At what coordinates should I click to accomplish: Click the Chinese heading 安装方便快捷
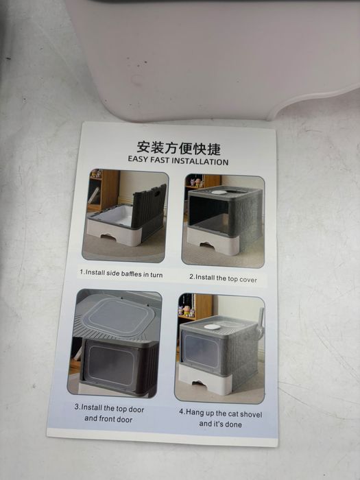[x=178, y=148]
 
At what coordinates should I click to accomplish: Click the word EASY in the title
[x=138, y=159]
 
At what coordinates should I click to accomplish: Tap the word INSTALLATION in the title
[x=200, y=161]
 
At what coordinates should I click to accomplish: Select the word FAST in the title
[x=160, y=160]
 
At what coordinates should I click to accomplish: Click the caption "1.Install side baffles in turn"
[x=121, y=273]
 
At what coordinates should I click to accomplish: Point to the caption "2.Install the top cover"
[x=223, y=278]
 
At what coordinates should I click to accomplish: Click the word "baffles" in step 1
[x=131, y=274]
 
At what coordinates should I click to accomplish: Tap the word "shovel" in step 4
[x=251, y=414]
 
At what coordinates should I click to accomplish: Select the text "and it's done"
[x=220, y=424]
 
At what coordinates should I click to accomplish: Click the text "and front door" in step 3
[x=108, y=419]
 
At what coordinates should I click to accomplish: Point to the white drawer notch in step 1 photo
[x=108, y=237]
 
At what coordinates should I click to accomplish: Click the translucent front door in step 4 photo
[x=200, y=350]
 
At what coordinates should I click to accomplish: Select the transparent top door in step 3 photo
[x=118, y=317]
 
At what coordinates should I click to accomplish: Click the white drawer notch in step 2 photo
[x=207, y=244]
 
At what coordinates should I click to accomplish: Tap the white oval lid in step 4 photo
[x=212, y=327]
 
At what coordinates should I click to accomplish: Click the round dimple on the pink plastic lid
[x=137, y=80]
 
